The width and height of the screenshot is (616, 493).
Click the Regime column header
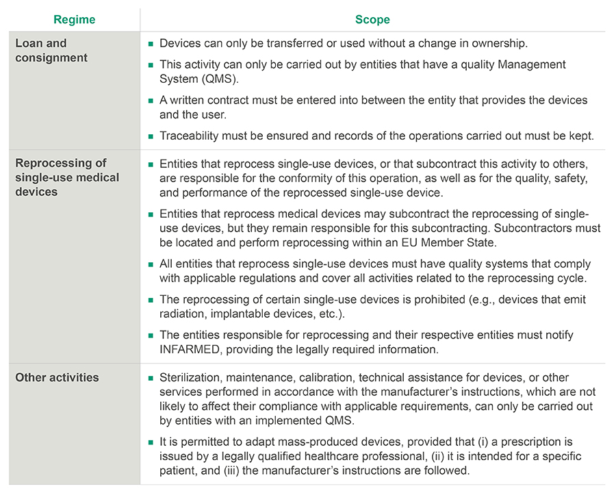point(75,20)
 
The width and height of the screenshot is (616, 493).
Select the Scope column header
point(372,20)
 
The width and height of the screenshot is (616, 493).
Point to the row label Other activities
point(57,377)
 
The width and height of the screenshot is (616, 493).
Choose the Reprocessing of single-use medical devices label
point(67,177)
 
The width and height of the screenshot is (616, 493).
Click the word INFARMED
point(193,349)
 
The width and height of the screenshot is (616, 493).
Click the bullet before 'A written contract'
point(151,101)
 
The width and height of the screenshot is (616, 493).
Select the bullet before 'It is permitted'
point(151,443)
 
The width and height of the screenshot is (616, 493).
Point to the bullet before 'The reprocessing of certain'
point(151,300)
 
